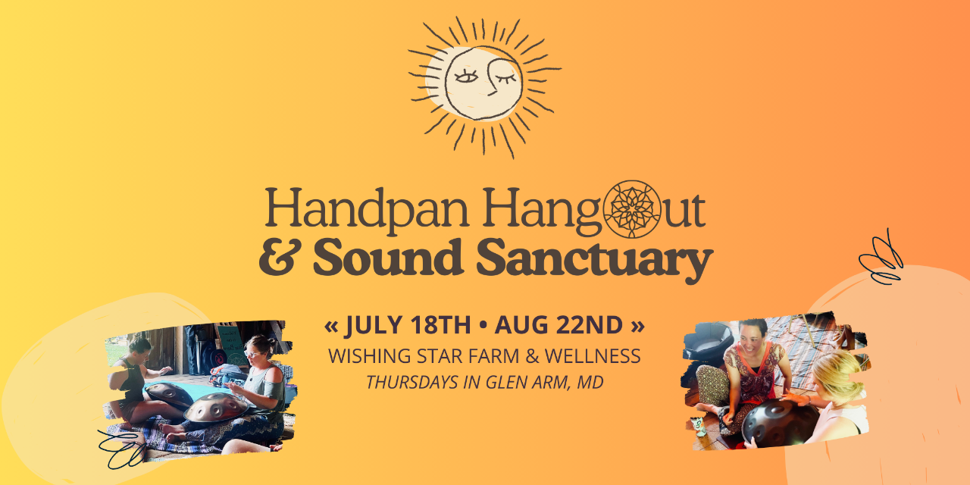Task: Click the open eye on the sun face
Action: [466, 77]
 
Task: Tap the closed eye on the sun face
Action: [505, 78]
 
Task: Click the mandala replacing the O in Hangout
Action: [632, 209]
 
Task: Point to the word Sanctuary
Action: [595, 259]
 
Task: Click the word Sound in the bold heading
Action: [388, 257]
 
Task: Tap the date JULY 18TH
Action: [408, 325]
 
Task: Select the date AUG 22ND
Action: [559, 325]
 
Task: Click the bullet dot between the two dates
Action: [483, 326]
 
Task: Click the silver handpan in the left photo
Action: [216, 407]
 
